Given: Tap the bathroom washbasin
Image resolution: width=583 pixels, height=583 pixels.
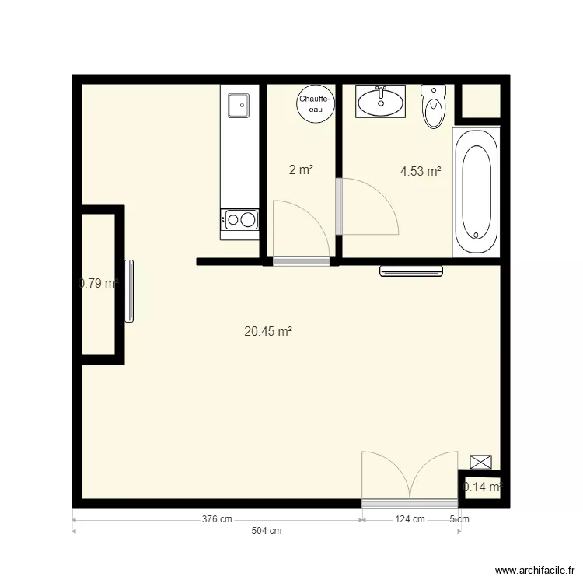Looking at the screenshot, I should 381,101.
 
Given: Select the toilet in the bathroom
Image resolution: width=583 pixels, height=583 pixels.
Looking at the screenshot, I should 433,107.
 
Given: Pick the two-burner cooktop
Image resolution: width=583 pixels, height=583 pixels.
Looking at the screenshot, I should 239,220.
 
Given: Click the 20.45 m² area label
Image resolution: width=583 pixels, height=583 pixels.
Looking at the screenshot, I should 268,331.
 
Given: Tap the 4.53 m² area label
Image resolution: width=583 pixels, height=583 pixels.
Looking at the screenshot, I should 421,172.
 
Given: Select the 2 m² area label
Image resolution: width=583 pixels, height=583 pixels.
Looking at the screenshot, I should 302,170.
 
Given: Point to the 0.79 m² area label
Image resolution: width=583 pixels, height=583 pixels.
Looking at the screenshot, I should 99,284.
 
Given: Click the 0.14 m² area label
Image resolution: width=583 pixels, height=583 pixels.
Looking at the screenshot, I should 483,487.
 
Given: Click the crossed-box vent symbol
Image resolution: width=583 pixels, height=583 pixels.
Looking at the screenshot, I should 481,462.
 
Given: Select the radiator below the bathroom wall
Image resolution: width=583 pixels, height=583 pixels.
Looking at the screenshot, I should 411,271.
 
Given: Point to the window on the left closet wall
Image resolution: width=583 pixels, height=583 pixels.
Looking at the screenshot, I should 130,291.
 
